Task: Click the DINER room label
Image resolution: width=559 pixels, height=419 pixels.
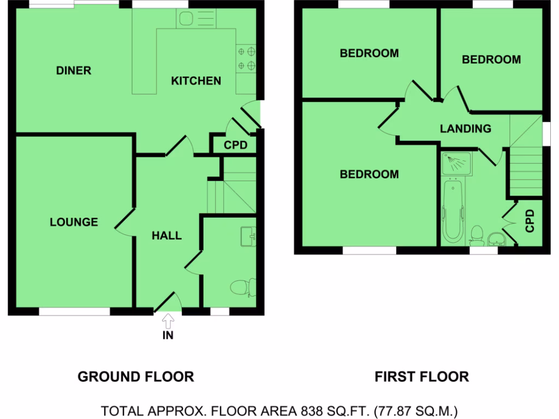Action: point(74,70)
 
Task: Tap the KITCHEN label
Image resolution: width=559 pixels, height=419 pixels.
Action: point(196,81)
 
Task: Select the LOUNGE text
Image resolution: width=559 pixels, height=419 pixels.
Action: point(74,222)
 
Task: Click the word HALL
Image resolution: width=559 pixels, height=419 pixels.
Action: point(166,236)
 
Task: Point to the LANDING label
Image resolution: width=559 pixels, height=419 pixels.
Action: point(466,129)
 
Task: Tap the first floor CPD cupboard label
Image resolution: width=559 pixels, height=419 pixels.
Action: point(529,222)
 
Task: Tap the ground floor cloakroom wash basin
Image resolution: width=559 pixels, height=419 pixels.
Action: point(249,236)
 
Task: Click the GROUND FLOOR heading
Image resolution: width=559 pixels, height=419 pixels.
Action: point(135,376)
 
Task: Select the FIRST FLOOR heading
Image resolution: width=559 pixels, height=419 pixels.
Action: point(421,376)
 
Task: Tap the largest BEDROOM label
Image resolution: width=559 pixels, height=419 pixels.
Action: point(369,175)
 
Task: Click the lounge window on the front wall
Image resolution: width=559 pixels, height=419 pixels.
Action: point(74,312)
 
